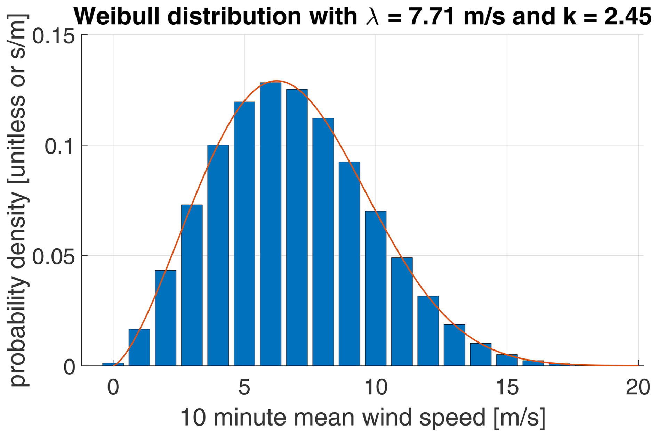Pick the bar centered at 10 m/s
(376, 288)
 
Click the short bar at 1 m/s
(139, 347)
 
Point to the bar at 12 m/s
(428, 330)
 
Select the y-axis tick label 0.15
(54, 36)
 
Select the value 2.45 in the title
(628, 16)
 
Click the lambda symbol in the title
(372, 17)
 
